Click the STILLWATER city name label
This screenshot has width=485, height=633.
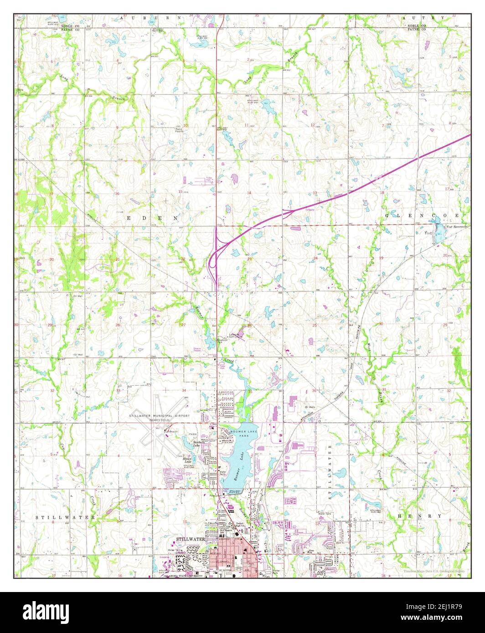(x=191, y=540)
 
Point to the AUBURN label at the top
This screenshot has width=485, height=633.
(x=141, y=18)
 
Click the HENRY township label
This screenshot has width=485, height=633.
(x=419, y=516)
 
